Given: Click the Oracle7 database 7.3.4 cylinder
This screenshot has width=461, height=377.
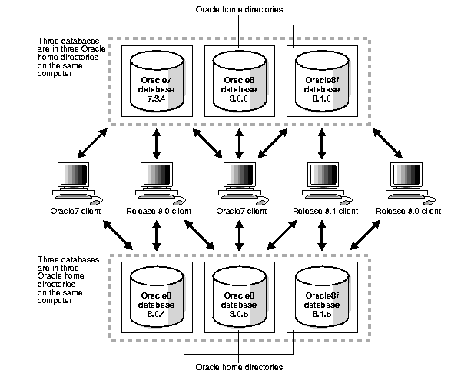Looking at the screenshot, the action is pos(157,82).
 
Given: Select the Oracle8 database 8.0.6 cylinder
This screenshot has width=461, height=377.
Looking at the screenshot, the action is pos(240,82).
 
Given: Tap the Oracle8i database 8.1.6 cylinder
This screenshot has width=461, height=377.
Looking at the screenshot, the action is pos(322,82).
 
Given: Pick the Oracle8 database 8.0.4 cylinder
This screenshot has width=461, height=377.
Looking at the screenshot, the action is pos(157,297).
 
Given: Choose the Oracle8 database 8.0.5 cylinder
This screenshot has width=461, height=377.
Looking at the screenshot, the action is pos(240,297).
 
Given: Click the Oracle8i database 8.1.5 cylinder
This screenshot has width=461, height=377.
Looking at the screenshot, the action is pos(322,297).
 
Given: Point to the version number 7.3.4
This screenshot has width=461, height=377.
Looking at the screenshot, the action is pos(156,98).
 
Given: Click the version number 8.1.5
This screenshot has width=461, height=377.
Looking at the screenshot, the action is pos(322,315).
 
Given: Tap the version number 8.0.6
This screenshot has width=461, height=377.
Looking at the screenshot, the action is pos(239,98).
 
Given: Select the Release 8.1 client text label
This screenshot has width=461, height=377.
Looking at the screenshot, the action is pos(326,211).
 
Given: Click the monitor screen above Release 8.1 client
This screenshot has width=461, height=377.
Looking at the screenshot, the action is pos(323,174).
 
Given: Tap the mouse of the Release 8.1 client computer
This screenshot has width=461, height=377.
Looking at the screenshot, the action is pos(344,202).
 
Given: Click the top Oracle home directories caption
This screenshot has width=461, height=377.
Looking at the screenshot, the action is pos(239,10).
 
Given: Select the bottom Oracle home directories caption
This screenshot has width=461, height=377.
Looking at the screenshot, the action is pos(239,367).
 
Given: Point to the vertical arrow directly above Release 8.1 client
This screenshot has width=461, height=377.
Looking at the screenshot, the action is pos(322,144).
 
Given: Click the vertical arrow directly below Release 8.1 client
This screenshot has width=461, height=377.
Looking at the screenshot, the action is pos(322,235).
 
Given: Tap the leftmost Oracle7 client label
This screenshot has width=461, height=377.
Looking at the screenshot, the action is pos(75,211).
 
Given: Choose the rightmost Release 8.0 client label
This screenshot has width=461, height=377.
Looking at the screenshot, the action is pos(409,211).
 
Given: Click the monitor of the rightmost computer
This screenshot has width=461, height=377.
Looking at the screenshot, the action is pos(406,175).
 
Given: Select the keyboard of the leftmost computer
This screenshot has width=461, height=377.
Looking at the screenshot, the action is pos(74,195).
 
